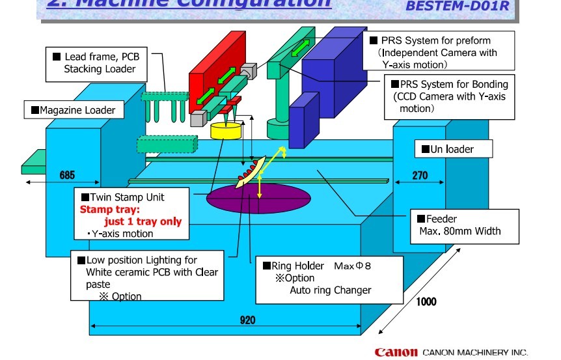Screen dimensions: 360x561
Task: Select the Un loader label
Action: (x=453, y=149)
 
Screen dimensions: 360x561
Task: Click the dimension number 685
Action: (x=67, y=174)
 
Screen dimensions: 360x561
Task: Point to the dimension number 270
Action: (x=419, y=174)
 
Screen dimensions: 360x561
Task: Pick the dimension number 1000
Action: (x=427, y=301)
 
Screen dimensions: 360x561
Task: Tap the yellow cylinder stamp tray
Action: (x=226, y=130)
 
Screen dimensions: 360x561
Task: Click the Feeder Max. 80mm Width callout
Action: (x=464, y=225)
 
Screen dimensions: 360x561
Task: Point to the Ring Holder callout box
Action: (x=329, y=279)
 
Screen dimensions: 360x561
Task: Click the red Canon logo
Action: (x=396, y=352)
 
